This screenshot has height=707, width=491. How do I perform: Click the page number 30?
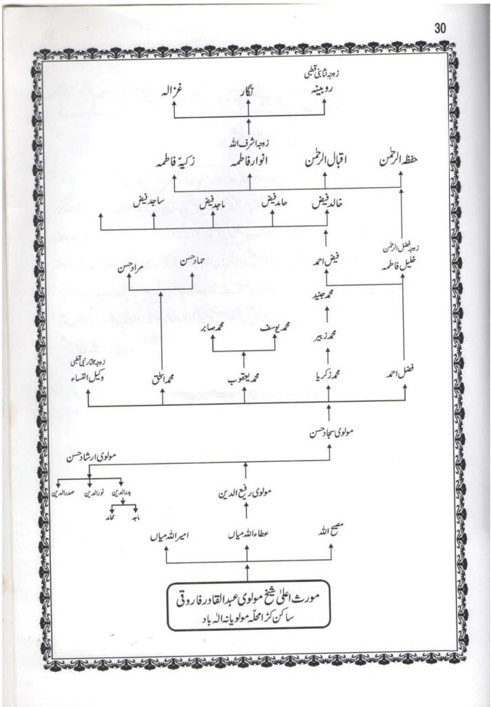pyautogui.click(x=441, y=28)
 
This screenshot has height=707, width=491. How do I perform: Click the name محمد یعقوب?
pyautogui.click(x=243, y=378)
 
